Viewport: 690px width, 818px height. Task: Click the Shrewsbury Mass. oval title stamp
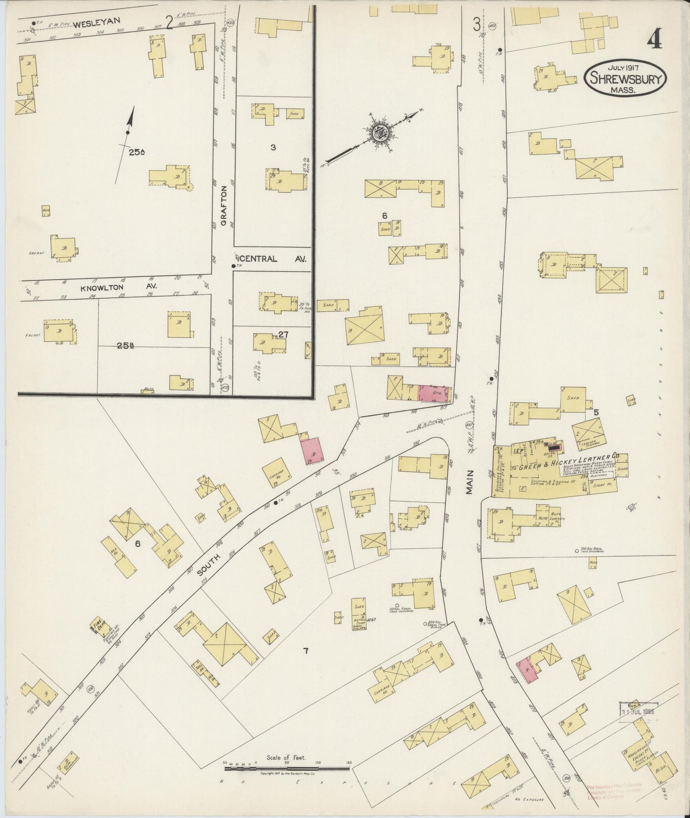pos(625,78)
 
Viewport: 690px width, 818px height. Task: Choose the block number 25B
pos(125,347)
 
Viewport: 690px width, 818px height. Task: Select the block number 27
pos(283,335)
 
